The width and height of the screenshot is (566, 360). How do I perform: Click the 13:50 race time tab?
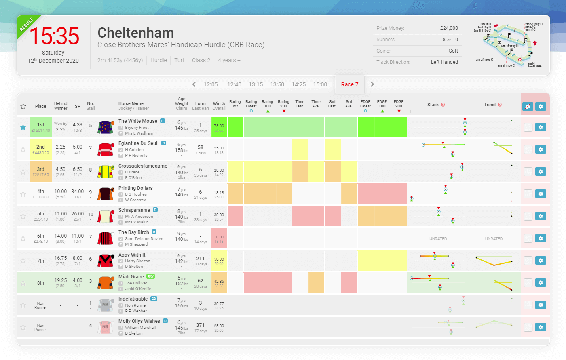(277, 84)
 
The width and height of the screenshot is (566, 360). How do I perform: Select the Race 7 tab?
(349, 84)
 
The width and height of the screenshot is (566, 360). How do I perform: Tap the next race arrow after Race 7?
(372, 84)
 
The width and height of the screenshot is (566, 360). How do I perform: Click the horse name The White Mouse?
(137, 121)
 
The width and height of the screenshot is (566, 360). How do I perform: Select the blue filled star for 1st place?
(23, 127)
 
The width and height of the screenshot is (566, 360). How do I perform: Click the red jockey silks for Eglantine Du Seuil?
(106, 149)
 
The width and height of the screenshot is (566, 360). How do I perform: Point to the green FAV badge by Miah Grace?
(150, 277)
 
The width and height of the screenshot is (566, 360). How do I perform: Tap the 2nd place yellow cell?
(41, 149)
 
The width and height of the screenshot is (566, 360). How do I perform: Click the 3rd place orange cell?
(41, 172)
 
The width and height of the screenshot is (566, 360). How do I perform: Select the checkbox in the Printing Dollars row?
(528, 194)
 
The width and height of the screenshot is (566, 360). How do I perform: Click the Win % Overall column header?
(219, 106)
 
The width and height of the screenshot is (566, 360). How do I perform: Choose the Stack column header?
(433, 105)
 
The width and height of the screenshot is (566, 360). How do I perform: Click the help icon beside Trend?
(500, 105)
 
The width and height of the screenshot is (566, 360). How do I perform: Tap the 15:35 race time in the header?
(54, 36)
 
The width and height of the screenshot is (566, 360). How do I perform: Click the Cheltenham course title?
(135, 33)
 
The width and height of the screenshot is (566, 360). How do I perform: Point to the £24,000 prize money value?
(449, 28)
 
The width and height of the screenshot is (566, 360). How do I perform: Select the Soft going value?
(453, 51)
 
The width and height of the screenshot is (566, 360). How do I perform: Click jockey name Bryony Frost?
(137, 128)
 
